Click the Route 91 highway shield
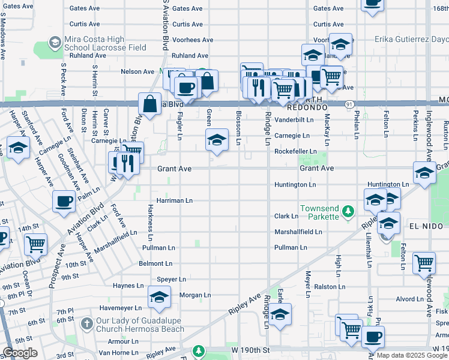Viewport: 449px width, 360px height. [349, 104]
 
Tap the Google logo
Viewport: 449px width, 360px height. [20, 352]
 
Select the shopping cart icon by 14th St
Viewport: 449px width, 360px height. [36, 245]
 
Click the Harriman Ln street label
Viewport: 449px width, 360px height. [174, 200]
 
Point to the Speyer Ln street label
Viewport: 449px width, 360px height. [171, 279]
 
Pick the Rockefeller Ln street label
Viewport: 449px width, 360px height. [295, 152]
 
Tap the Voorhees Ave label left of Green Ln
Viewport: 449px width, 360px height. [192, 40]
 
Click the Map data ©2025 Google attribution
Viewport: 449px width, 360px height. [412, 355]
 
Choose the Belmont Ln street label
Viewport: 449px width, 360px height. [155, 263]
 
